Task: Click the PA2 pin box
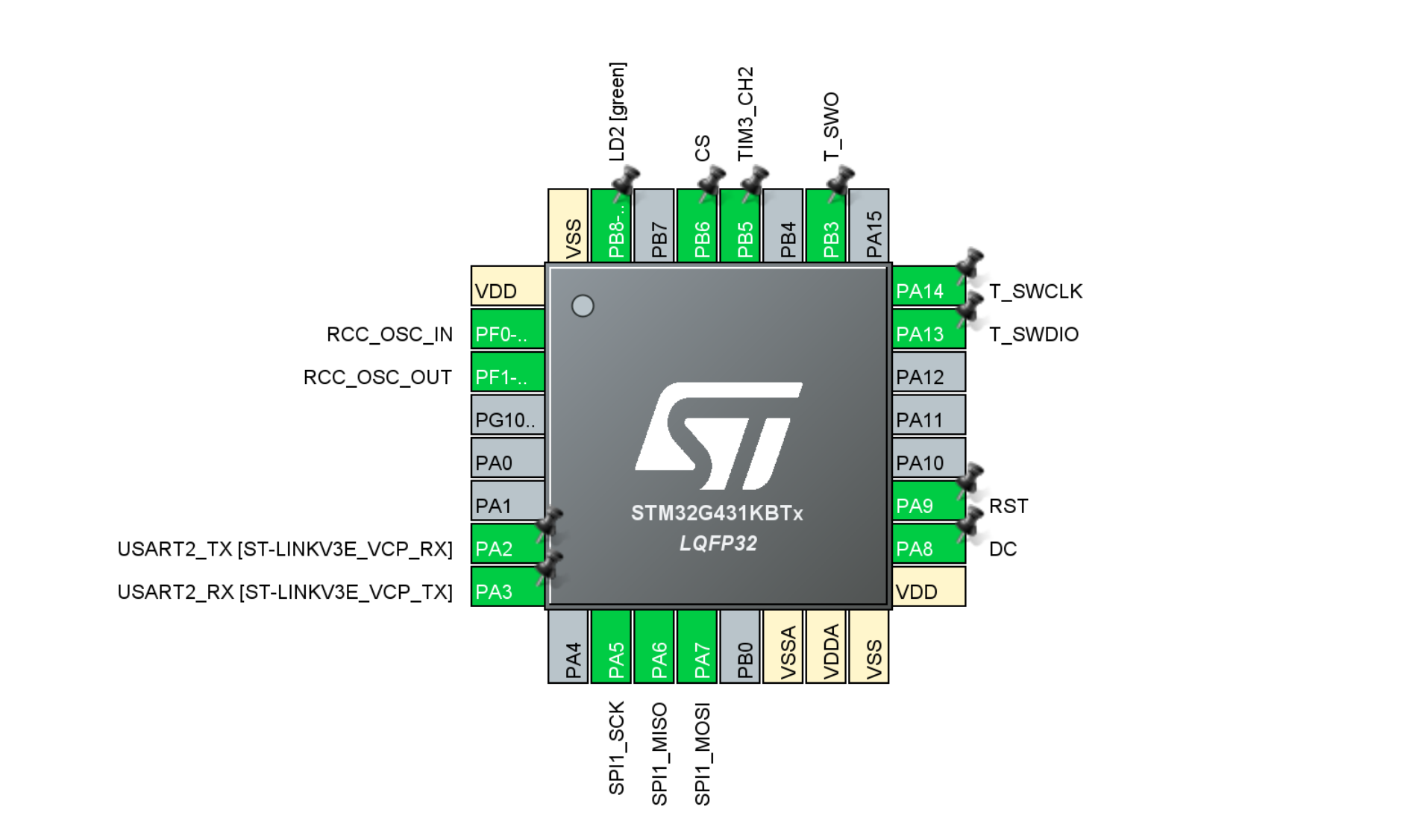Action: pyautogui.click(x=507, y=544)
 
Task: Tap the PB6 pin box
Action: pyautogui.click(x=697, y=226)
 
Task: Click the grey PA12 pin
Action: pyautogui.click(x=929, y=372)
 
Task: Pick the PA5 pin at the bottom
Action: pyautogui.click(x=611, y=647)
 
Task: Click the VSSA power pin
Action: pyautogui.click(x=782, y=647)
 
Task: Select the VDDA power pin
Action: pyautogui.click(x=826, y=647)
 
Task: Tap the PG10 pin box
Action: pyautogui.click(x=507, y=415)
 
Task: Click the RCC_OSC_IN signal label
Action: pyautogui.click(x=389, y=334)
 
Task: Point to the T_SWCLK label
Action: pyautogui.click(x=1035, y=292)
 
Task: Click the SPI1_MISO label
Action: pyautogui.click(x=659, y=754)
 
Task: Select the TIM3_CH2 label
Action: pyautogui.click(x=745, y=113)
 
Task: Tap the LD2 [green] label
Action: pyautogui.click(x=618, y=112)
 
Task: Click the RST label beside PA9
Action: pyautogui.click(x=1008, y=506)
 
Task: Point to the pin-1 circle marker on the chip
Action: pyautogui.click(x=583, y=306)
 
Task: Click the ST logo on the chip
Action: pyautogui.click(x=718, y=436)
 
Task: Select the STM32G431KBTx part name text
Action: pyautogui.click(x=717, y=513)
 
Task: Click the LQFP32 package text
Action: pyautogui.click(x=718, y=544)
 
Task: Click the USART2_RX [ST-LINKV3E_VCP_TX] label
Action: pyautogui.click(x=285, y=592)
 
